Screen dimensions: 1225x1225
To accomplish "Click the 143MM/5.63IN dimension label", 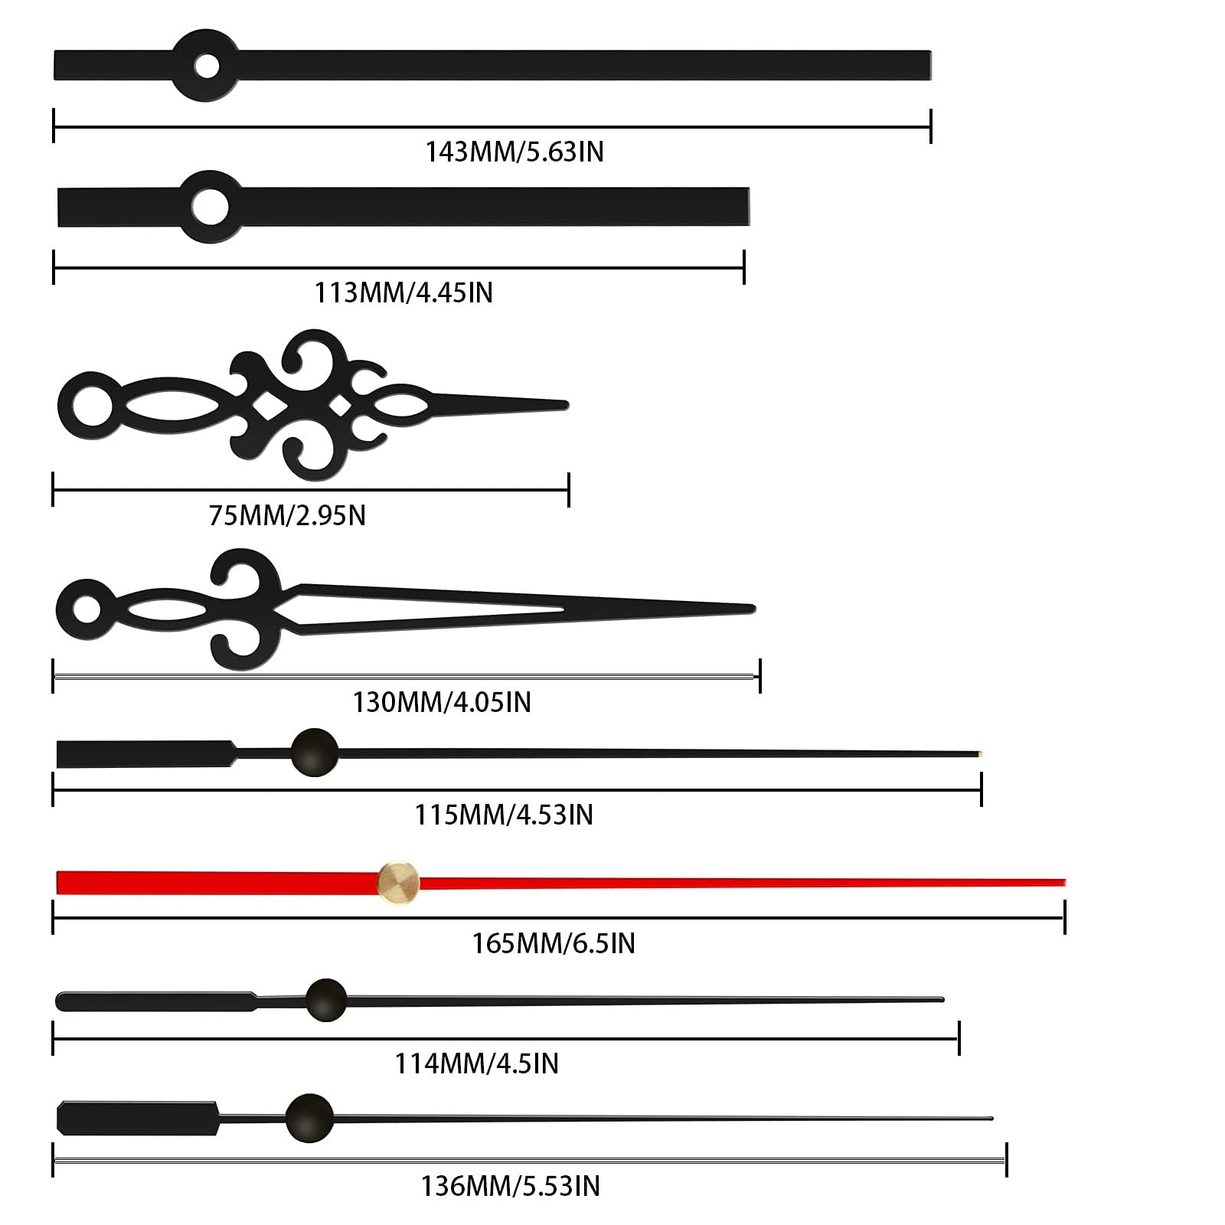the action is [514, 152].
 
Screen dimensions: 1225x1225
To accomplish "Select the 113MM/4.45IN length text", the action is [403, 292].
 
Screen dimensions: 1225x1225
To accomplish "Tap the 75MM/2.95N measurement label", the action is [287, 515].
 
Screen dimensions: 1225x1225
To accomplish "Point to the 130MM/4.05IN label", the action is [442, 702].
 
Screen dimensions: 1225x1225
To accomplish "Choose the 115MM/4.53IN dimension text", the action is [504, 815].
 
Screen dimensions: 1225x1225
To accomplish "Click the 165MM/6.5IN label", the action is [554, 943].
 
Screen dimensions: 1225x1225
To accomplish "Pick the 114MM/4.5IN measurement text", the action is [476, 1063].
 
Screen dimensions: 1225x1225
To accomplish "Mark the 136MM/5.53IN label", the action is [510, 1186].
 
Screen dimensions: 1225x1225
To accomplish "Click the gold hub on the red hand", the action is [398, 883].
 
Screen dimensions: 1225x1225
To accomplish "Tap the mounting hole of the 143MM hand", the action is [207, 66].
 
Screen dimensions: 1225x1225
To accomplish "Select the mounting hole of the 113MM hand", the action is [210, 207].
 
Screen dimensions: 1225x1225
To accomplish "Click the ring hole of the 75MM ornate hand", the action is [91, 406].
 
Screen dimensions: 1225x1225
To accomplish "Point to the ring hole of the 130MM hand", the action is [87, 609].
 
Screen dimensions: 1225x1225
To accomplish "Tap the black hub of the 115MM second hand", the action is [314, 752].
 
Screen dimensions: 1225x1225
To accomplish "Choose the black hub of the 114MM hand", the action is [326, 999].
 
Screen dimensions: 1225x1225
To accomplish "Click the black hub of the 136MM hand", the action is [309, 1118].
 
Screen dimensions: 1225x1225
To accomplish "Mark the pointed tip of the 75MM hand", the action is [567, 405].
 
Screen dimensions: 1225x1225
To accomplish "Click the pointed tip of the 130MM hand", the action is [753, 609].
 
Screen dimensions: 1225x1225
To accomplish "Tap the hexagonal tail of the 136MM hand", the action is [138, 1119].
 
